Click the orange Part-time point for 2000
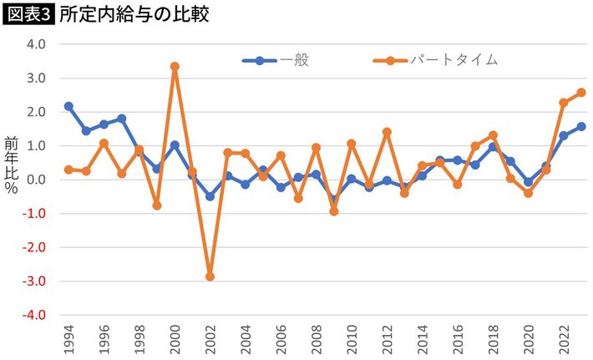[175, 66]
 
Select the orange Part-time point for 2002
[210, 276]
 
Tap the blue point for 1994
[68, 106]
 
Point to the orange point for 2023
[581, 92]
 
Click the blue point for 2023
[581, 126]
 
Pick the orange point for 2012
[387, 132]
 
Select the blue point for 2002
[210, 196]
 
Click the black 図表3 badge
[28, 14]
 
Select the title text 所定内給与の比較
[134, 14]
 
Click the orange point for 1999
[157, 205]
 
